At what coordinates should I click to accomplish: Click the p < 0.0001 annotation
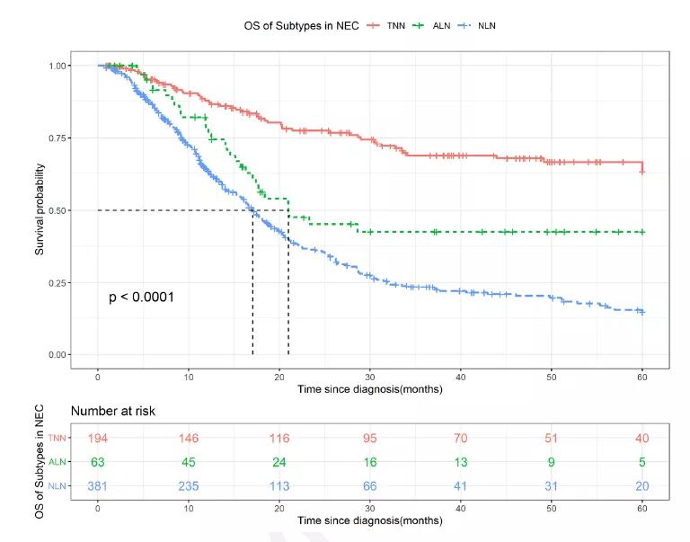[141, 297]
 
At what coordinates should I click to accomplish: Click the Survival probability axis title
[40, 210]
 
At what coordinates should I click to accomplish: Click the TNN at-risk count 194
[98, 438]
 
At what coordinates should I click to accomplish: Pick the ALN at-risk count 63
[98, 462]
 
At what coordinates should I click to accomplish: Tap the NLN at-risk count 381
[98, 486]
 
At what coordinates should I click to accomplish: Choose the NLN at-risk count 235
[189, 486]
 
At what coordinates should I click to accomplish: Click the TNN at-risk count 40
[642, 438]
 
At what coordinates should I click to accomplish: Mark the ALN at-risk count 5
[642, 462]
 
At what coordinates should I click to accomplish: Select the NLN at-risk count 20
[642, 486]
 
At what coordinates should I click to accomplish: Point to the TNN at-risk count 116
[279, 438]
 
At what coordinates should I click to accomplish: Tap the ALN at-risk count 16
[370, 462]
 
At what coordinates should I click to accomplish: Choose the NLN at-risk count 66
[370, 486]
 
